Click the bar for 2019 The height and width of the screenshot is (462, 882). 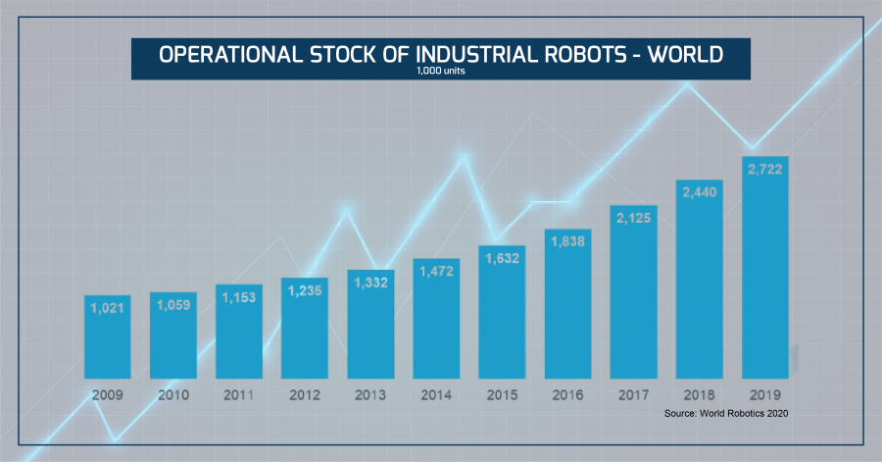click(x=765, y=275)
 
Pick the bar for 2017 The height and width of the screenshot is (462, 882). click(x=633, y=294)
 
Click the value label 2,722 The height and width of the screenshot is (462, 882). click(x=765, y=170)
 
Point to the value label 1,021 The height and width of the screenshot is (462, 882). click(x=108, y=309)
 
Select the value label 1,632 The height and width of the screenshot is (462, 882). click(x=503, y=258)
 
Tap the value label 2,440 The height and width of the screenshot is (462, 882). click(x=699, y=193)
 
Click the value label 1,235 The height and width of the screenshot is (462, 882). click(x=305, y=291)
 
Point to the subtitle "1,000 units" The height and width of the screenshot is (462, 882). click(x=440, y=71)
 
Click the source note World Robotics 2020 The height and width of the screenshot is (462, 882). click(x=725, y=414)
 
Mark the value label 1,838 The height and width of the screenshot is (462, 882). click(x=567, y=241)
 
